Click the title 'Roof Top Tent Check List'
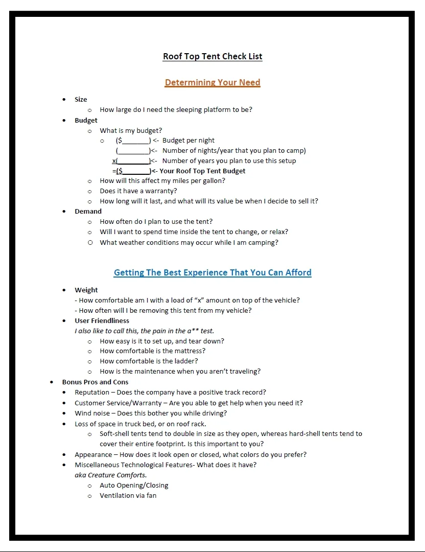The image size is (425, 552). coord(212,56)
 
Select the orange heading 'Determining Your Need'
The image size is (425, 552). coord(212,82)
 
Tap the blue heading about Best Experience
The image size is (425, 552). coord(212,272)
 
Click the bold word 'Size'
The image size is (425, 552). coord(81,100)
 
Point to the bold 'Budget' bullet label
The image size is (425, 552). coord(86,121)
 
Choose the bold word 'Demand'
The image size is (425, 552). coord(88,212)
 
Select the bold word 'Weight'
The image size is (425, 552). coord(86,290)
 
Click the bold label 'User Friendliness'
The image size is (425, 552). coord(102,321)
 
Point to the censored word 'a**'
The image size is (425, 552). coord(193,331)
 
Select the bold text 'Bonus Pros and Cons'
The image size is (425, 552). coord(95,382)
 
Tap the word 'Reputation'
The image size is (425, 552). coord(91,393)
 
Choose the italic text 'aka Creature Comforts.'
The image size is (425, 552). coord(111,475)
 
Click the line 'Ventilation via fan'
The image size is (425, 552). coord(128,496)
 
